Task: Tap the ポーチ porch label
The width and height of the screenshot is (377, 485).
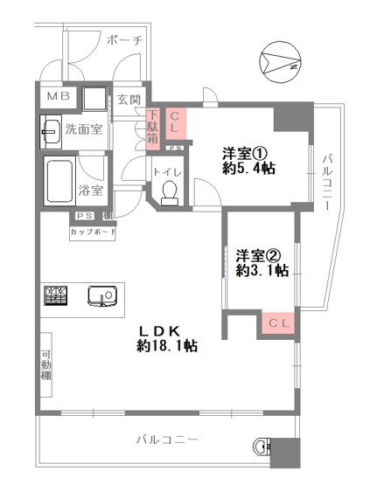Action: tap(123, 40)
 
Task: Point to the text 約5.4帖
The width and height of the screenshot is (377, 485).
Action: tap(249, 168)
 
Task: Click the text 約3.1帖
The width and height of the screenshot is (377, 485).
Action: tap(262, 271)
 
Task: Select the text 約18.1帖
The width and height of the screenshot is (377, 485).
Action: tap(165, 346)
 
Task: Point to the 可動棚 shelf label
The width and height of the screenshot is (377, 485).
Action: tap(45, 364)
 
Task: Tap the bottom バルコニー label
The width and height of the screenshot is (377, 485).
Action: tap(168, 438)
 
